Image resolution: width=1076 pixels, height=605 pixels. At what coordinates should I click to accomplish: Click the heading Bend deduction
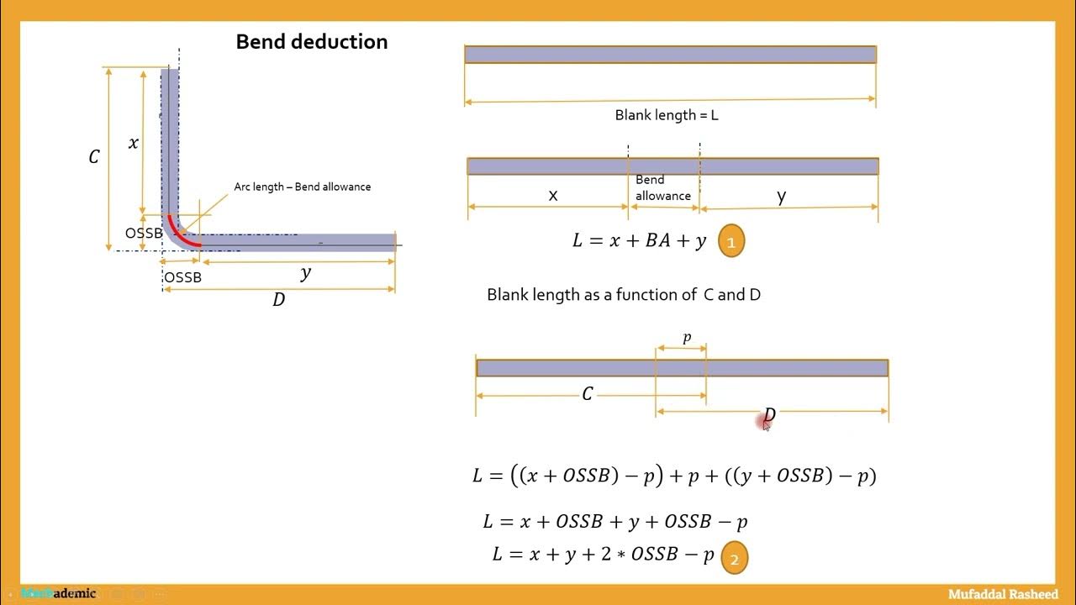click(x=312, y=42)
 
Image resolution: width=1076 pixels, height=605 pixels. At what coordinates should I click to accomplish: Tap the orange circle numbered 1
click(x=731, y=242)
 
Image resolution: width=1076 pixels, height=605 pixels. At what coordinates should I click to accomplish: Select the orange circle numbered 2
click(x=734, y=558)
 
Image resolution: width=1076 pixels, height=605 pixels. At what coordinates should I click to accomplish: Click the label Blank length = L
click(x=667, y=115)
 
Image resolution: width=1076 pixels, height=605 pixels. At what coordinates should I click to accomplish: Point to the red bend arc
click(x=182, y=234)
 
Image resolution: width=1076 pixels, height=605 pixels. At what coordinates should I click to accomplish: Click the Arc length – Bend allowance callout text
click(x=302, y=187)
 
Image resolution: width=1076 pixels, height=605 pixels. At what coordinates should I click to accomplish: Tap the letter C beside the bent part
click(x=94, y=157)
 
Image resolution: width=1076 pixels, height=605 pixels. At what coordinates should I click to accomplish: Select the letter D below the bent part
click(x=279, y=300)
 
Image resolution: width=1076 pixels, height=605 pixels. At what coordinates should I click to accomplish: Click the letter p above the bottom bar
click(x=687, y=338)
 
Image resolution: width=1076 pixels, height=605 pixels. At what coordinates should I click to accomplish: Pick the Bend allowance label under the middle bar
click(x=662, y=187)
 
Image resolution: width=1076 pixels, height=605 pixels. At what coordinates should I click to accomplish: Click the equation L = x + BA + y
click(x=639, y=241)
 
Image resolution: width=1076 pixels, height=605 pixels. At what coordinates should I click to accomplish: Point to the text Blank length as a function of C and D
click(x=624, y=295)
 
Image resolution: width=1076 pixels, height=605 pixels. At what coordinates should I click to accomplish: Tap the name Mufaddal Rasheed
click(x=1003, y=594)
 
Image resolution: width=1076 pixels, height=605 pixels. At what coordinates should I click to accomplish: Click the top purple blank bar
click(x=670, y=55)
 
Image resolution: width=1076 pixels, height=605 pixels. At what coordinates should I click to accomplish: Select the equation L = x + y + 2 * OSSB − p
click(x=603, y=555)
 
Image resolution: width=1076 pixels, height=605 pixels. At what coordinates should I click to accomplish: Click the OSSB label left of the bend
click(x=144, y=233)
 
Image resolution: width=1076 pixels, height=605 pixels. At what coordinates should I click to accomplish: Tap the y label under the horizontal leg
click(x=305, y=273)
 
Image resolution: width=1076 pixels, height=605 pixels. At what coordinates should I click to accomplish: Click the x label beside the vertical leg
click(x=133, y=143)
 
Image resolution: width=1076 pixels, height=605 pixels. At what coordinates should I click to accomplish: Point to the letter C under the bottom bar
click(x=588, y=394)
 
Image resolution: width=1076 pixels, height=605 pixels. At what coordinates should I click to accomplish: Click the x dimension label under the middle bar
click(x=553, y=196)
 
